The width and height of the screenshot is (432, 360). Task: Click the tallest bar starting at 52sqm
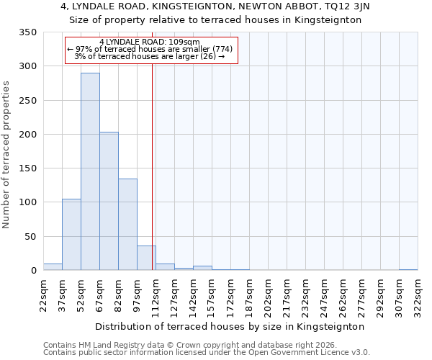pos(90,171)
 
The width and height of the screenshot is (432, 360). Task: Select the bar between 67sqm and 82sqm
pos(109,202)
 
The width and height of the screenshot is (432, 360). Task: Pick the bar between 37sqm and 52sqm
pos(71,235)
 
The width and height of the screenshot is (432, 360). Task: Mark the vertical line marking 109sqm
pos(152,166)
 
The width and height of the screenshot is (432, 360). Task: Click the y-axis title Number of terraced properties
pos(6,155)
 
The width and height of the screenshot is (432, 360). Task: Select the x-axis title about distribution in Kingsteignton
pos(230,326)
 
